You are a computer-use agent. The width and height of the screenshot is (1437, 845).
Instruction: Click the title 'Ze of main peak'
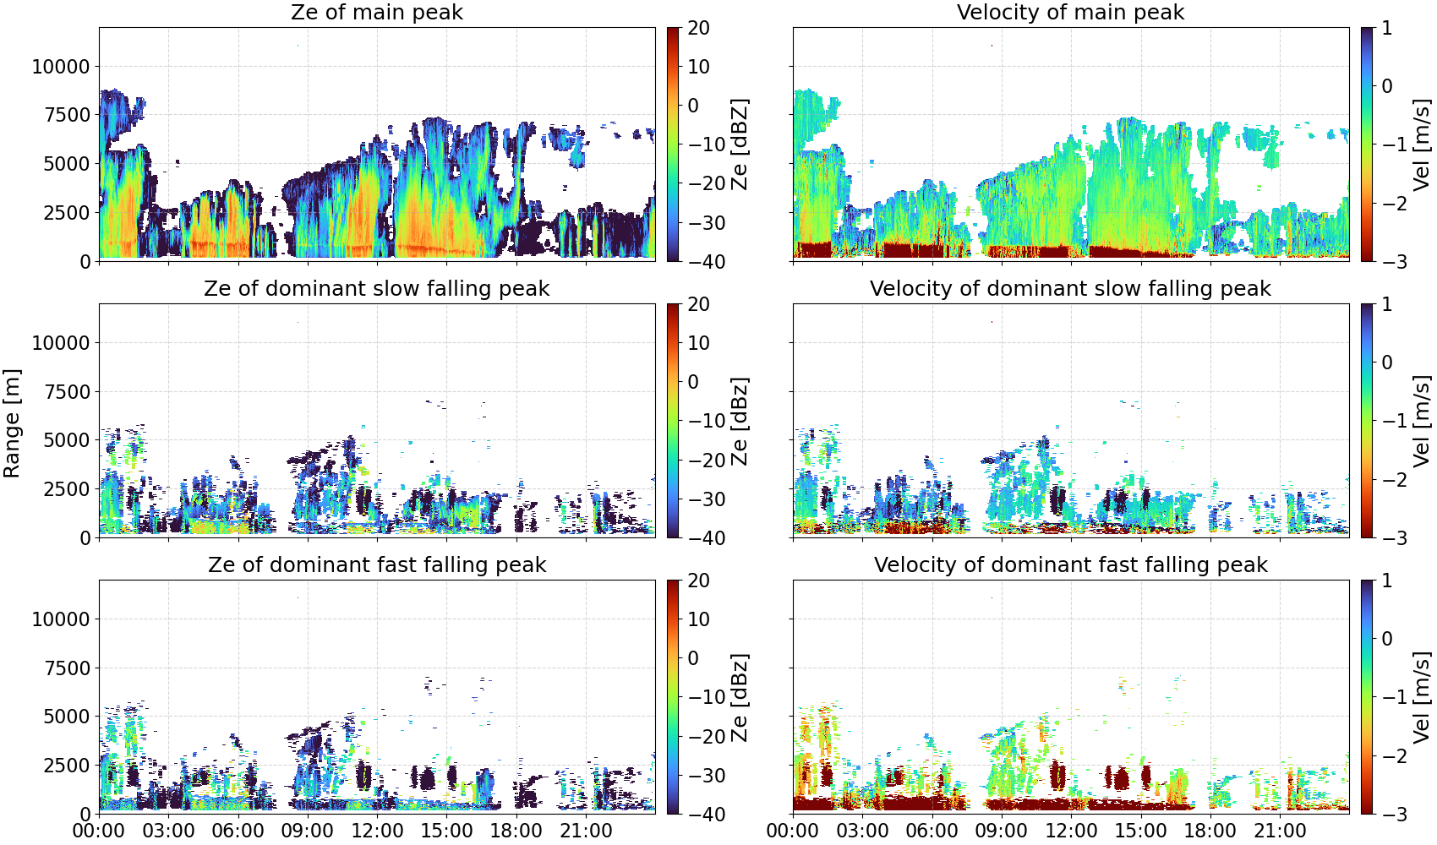tap(376, 12)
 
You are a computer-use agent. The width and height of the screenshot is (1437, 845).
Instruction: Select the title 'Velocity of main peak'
tap(1071, 12)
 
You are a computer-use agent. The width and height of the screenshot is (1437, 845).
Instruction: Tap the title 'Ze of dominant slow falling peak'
tap(376, 288)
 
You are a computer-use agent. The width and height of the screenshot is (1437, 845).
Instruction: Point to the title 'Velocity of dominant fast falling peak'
tap(1071, 564)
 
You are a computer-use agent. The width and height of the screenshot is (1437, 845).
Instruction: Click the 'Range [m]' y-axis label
tap(12, 423)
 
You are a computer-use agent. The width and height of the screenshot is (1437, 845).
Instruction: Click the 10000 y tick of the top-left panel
tap(61, 67)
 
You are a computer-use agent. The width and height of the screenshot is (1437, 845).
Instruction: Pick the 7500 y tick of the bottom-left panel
tap(67, 668)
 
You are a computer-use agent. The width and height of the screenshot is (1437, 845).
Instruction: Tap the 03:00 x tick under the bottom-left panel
tap(169, 831)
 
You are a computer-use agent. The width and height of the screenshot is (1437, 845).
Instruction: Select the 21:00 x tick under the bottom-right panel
tap(1280, 831)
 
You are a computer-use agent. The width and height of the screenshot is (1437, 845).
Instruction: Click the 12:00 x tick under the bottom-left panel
tap(377, 831)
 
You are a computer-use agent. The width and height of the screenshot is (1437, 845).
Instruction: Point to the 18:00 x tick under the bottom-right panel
tap(1210, 831)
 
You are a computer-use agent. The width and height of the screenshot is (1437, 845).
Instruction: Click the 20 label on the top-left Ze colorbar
tap(698, 28)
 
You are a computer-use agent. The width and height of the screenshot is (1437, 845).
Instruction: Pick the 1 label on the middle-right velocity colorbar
tap(1386, 304)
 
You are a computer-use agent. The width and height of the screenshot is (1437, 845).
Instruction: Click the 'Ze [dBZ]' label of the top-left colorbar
tap(740, 144)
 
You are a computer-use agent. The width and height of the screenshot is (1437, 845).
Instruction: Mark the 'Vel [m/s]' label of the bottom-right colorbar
tap(1423, 697)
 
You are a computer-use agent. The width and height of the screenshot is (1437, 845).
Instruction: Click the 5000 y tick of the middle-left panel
tap(67, 439)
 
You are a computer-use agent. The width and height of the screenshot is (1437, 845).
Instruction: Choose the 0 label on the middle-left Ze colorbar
tap(693, 382)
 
